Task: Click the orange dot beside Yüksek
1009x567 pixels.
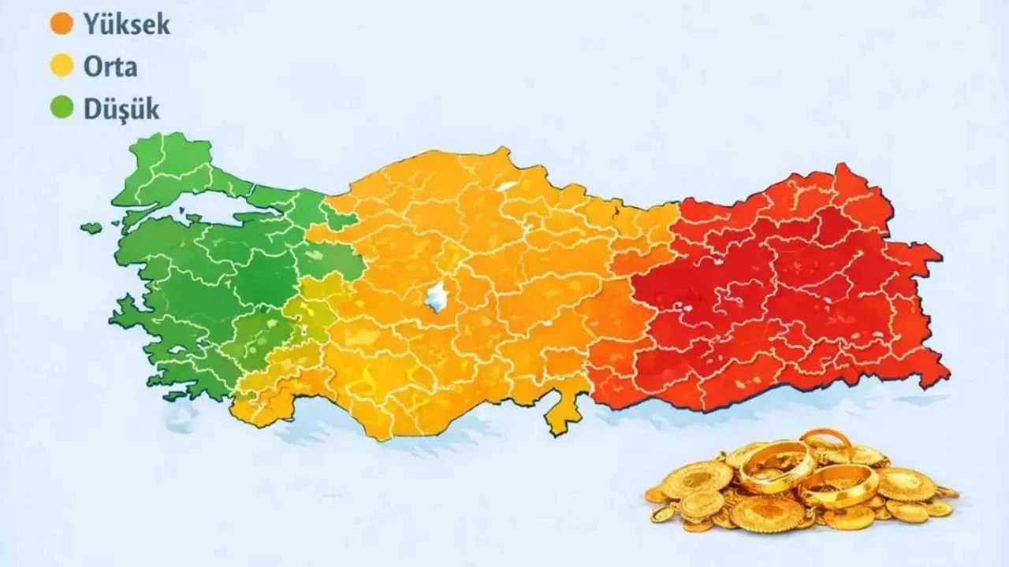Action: pyautogui.click(x=61, y=24)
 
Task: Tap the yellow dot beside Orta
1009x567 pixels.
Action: pyautogui.click(x=61, y=66)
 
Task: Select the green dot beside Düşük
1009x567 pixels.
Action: pyautogui.click(x=61, y=108)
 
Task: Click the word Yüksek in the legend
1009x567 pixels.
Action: pyautogui.click(x=126, y=24)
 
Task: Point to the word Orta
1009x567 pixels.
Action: pyautogui.click(x=110, y=66)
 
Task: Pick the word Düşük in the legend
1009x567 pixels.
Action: pyautogui.click(x=121, y=108)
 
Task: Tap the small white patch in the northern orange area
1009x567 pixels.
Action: pyautogui.click(x=507, y=188)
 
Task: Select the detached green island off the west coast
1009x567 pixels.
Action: pyautogui.click(x=92, y=228)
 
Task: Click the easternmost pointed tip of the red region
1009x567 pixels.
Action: pyautogui.click(x=940, y=254)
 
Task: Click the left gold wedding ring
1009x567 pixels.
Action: pyautogui.click(x=776, y=466)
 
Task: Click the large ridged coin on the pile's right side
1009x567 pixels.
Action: pyautogui.click(x=907, y=484)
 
